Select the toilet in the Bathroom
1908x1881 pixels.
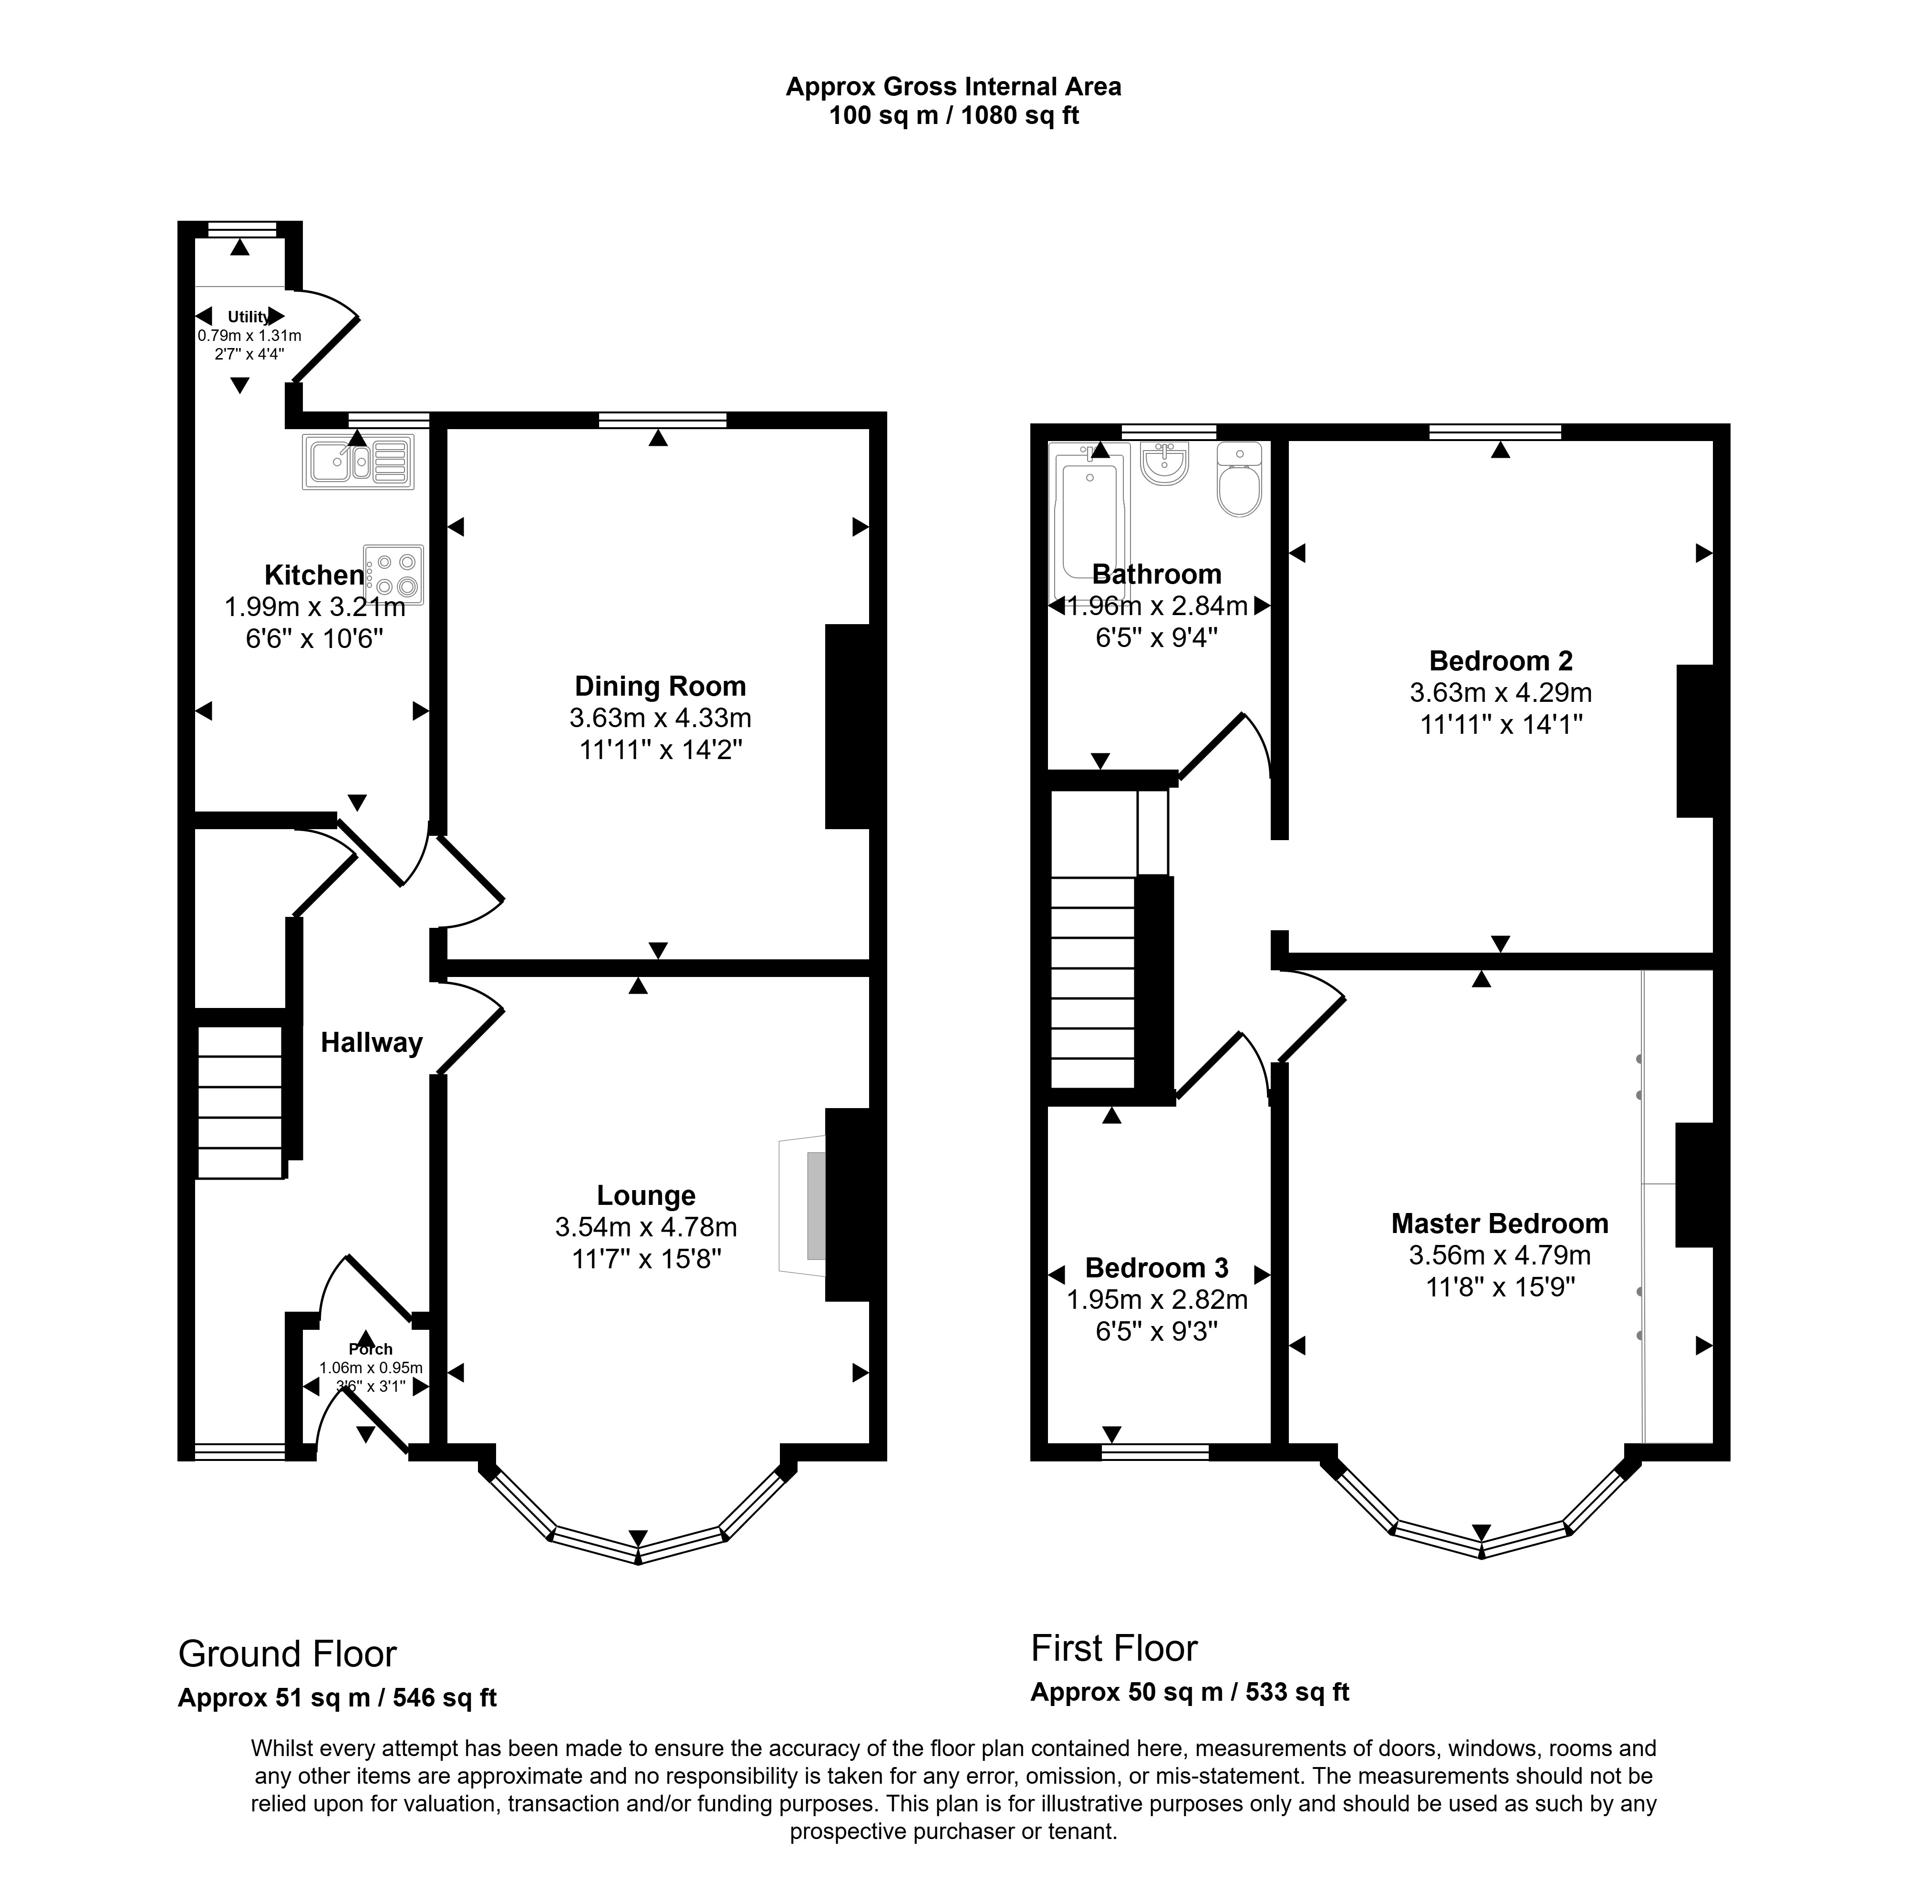(1239, 481)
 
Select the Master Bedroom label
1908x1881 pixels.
(1499, 1223)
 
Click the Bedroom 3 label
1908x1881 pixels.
(1156, 1267)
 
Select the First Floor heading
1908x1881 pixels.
(1114, 1648)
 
